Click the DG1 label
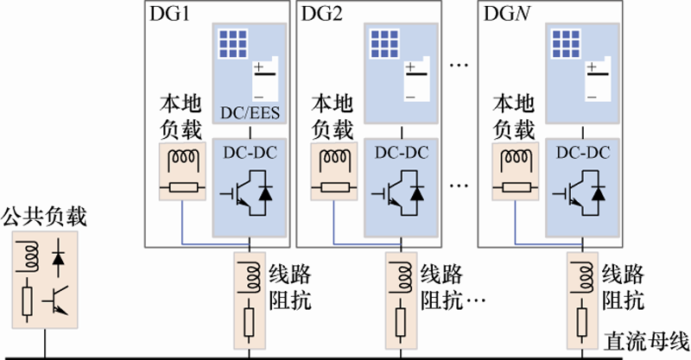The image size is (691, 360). [x=170, y=13]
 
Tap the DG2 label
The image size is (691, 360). [x=320, y=13]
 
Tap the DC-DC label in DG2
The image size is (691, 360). [x=401, y=154]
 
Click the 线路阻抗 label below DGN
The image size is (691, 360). [x=621, y=288]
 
